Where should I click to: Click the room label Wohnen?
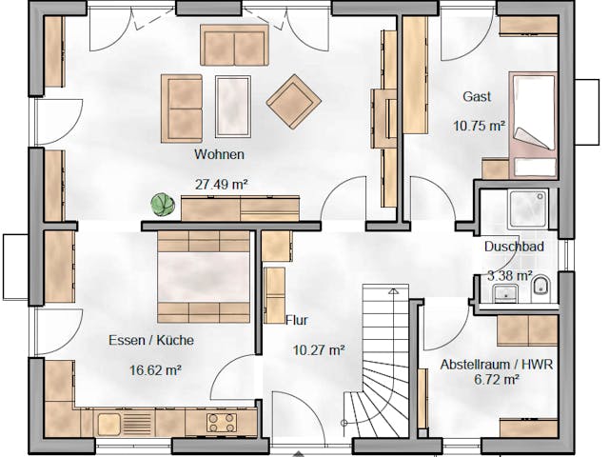pos(220,154)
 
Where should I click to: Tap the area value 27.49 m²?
pos(220,185)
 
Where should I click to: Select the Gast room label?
pos(477,97)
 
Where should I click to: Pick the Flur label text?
pos(297,321)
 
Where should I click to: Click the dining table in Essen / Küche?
pos(204,277)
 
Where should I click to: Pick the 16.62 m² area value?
pos(156,370)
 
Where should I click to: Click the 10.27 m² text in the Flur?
pos(318,350)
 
